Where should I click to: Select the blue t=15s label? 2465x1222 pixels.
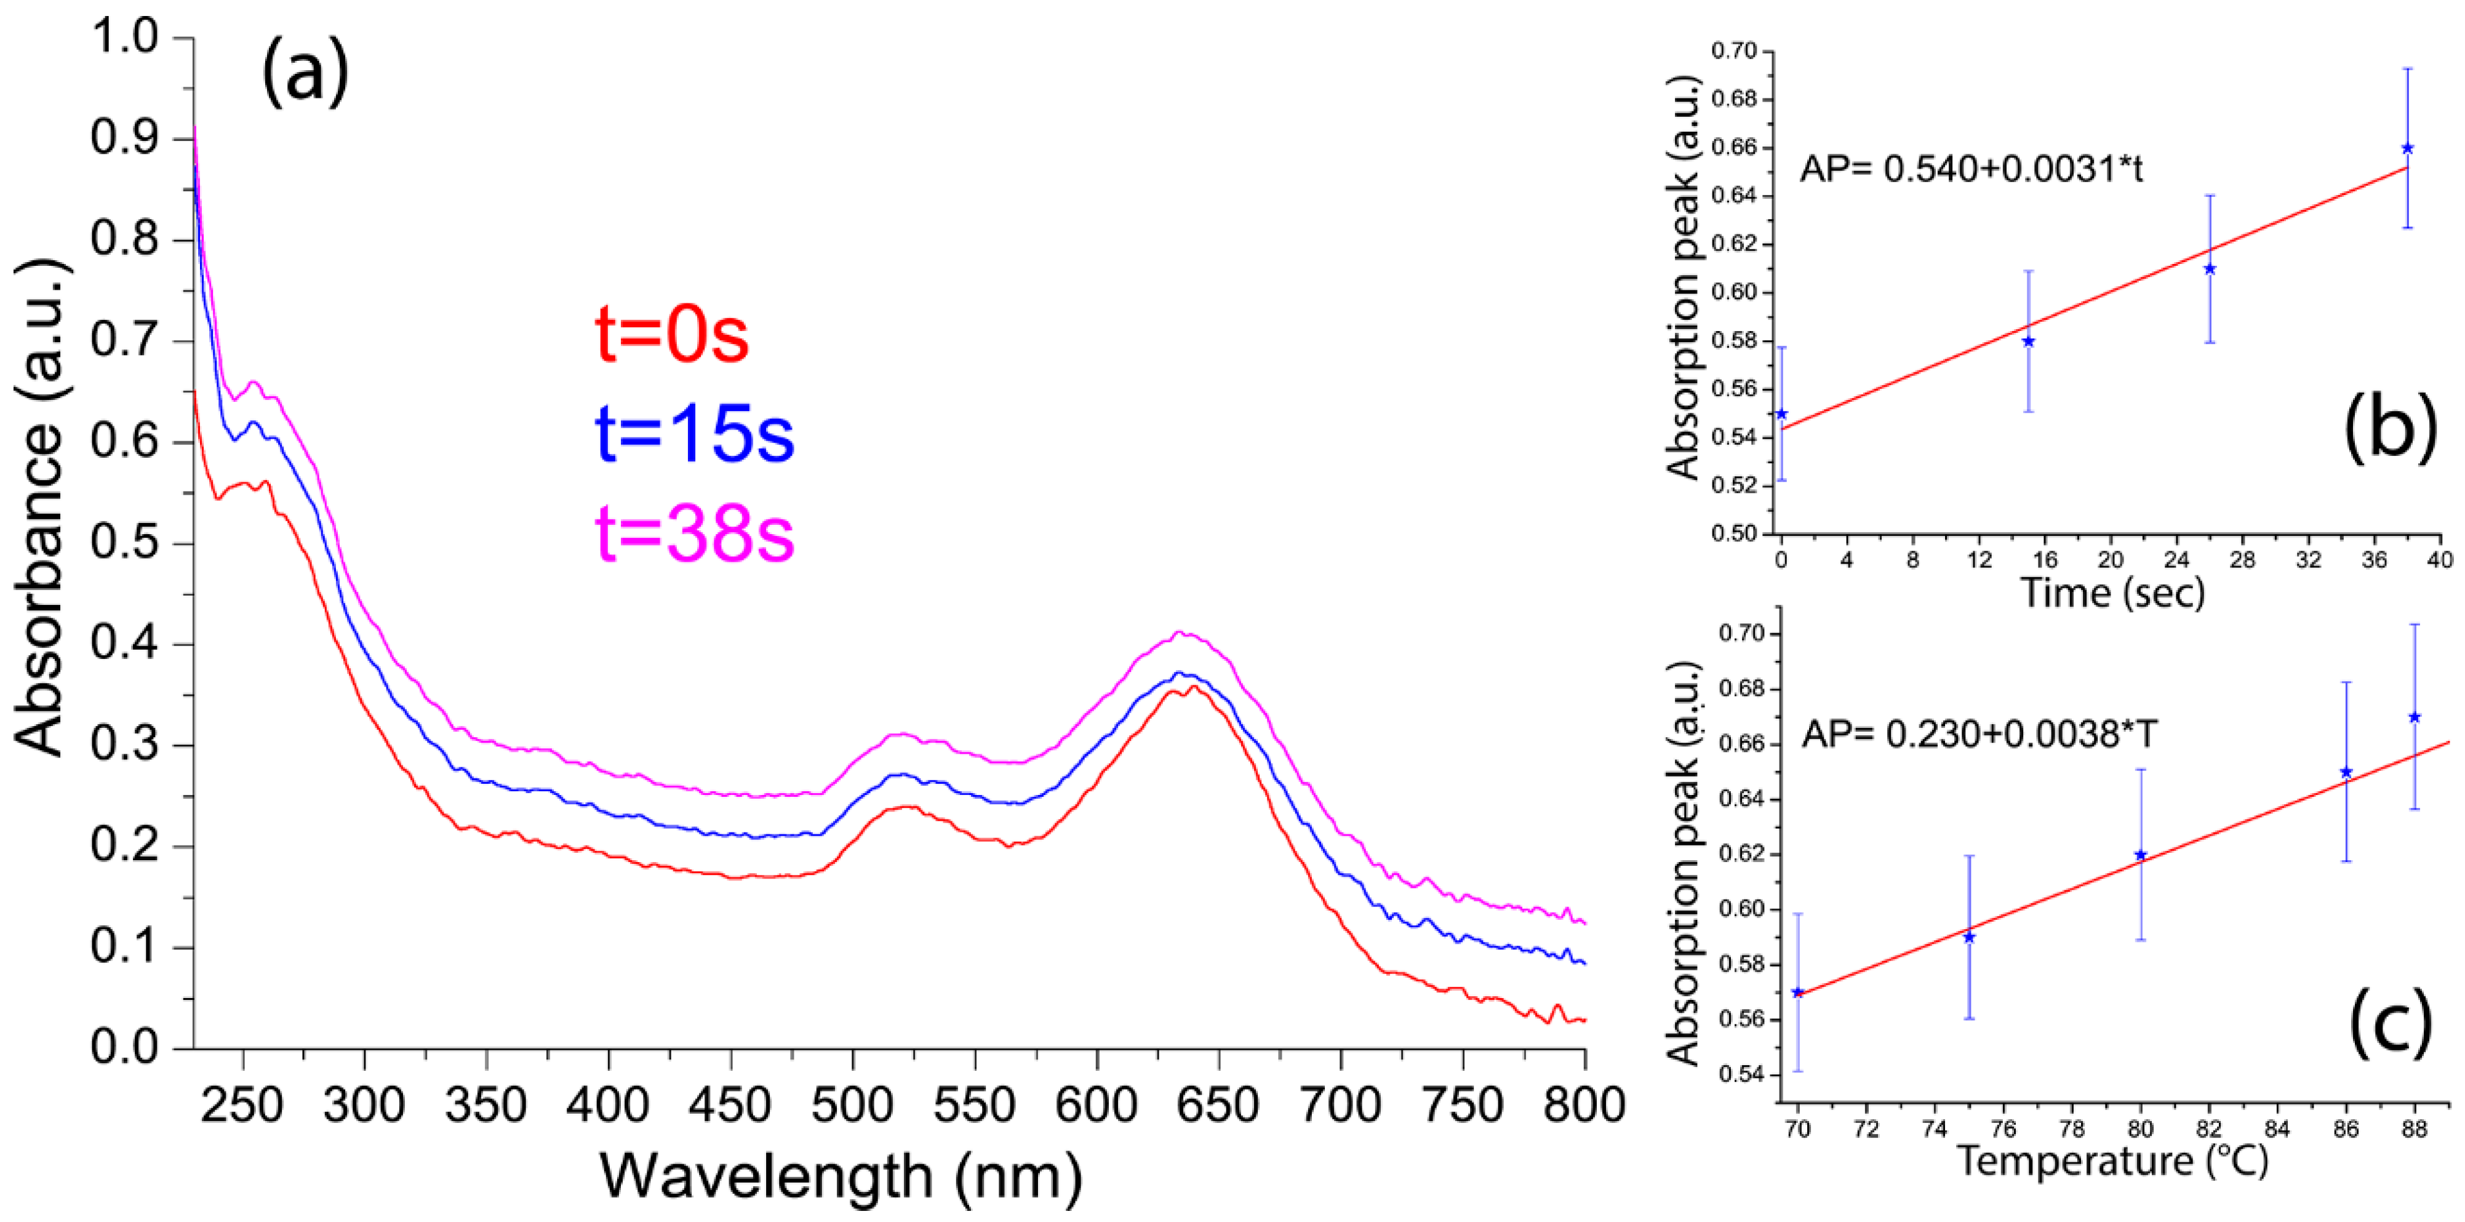coord(693,434)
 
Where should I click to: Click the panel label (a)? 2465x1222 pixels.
coord(305,74)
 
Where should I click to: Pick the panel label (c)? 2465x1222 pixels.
coord(2389,1022)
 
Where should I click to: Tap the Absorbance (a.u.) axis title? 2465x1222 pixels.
coord(40,507)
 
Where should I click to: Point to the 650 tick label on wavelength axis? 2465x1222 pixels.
coord(1218,1105)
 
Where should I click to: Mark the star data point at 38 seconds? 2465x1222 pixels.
coord(2408,148)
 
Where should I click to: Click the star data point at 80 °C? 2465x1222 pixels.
coord(2141,855)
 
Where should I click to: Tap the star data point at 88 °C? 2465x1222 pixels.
coord(2415,717)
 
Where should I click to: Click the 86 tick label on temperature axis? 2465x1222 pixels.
coord(2346,1129)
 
